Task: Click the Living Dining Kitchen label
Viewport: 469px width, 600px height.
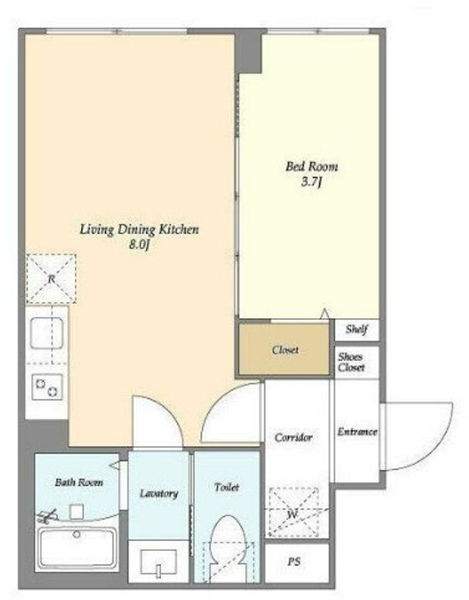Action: [139, 230]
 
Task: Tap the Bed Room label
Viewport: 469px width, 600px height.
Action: [311, 167]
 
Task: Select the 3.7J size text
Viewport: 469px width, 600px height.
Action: [310, 182]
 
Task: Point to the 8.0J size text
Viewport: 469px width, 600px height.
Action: [139, 245]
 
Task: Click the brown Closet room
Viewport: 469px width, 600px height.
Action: [284, 349]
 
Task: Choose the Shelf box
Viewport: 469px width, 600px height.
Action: [356, 329]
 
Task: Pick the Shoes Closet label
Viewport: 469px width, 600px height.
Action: [351, 362]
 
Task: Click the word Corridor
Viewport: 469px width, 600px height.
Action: [294, 437]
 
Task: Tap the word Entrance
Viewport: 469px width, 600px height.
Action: [357, 432]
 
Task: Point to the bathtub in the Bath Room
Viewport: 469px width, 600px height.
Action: [77, 548]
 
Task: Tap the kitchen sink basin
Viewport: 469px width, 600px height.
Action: [47, 332]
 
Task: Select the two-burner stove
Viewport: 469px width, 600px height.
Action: [47, 387]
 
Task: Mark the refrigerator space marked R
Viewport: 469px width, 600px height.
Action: [52, 278]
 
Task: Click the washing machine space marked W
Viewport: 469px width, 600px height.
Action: [294, 512]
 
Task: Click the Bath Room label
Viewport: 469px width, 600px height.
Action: [79, 482]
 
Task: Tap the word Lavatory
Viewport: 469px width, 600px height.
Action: [159, 493]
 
